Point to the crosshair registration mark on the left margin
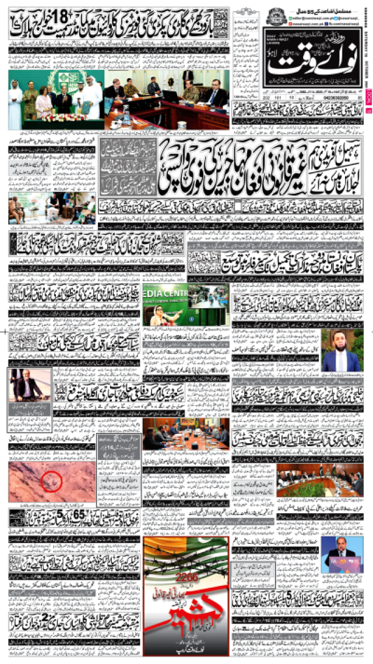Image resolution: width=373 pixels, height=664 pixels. coord(5,331)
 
